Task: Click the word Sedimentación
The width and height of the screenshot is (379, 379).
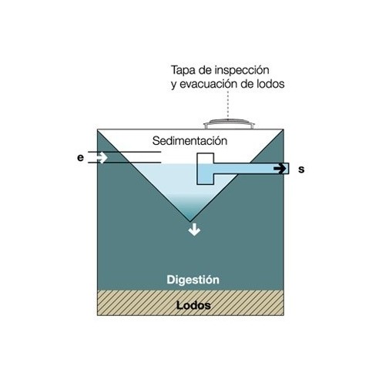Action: click(189, 141)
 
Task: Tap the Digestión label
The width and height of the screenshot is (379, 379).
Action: click(193, 280)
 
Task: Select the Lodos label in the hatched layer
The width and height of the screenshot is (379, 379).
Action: click(193, 305)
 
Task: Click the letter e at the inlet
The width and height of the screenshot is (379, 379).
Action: click(80, 158)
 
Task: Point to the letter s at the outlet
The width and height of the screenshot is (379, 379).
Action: click(301, 169)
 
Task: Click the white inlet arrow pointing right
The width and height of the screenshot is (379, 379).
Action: click(102, 157)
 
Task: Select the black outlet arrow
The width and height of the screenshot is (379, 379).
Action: click(280, 169)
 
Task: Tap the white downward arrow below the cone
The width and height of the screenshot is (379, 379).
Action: click(194, 230)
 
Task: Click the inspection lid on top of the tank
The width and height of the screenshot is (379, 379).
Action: click(229, 124)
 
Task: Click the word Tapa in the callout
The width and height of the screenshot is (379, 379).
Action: click(184, 70)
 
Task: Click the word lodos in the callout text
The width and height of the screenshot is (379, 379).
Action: click(270, 84)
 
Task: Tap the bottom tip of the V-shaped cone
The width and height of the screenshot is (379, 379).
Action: click(190, 221)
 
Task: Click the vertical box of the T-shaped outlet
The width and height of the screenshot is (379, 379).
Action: click(206, 169)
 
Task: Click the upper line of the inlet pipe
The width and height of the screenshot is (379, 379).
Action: click(124, 152)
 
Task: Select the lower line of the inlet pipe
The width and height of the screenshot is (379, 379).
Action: click(124, 163)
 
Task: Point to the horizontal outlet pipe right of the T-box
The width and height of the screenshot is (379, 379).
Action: click(251, 169)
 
